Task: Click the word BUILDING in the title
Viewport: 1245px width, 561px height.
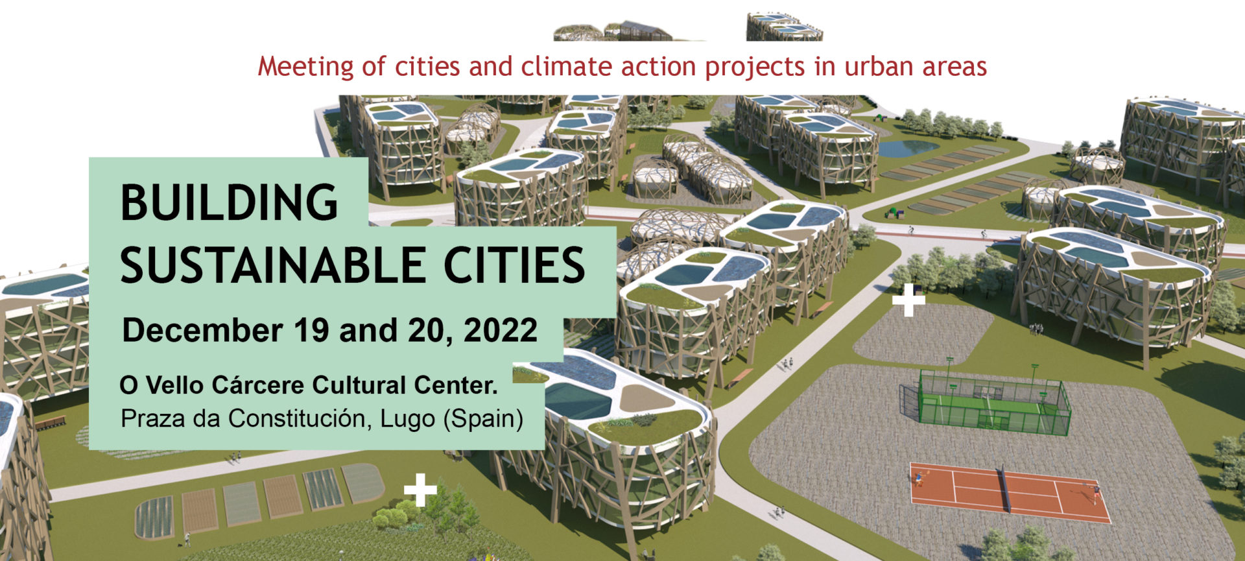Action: coord(229,202)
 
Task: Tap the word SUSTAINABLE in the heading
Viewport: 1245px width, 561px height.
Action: coord(272,265)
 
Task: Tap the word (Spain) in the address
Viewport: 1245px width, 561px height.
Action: coord(483,419)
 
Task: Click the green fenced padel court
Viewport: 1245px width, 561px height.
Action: coord(986,402)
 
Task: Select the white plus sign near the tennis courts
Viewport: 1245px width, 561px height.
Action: coord(909,300)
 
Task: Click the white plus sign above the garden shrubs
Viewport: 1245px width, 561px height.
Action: coord(420,490)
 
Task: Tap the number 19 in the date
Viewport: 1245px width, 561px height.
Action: coord(312,330)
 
